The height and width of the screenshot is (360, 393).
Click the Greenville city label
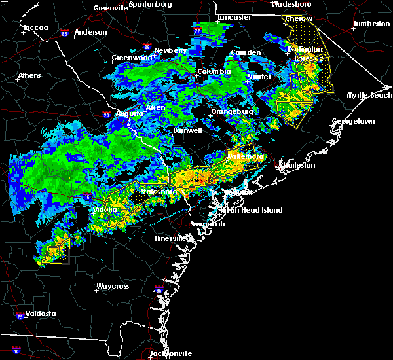coord(110,8)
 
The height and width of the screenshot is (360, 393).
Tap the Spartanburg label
coord(149,4)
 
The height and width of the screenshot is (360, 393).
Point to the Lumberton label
coord(371,24)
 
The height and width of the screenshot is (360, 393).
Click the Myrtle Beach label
coord(370,95)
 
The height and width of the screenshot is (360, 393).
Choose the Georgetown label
coord(353,121)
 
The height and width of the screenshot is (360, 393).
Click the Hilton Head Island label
coord(252,210)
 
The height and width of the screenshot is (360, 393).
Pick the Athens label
coord(29,75)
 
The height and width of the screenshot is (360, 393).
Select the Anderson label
coord(90,32)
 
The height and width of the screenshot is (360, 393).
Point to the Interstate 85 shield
coord(64,33)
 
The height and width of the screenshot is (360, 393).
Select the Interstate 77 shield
coord(198,31)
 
